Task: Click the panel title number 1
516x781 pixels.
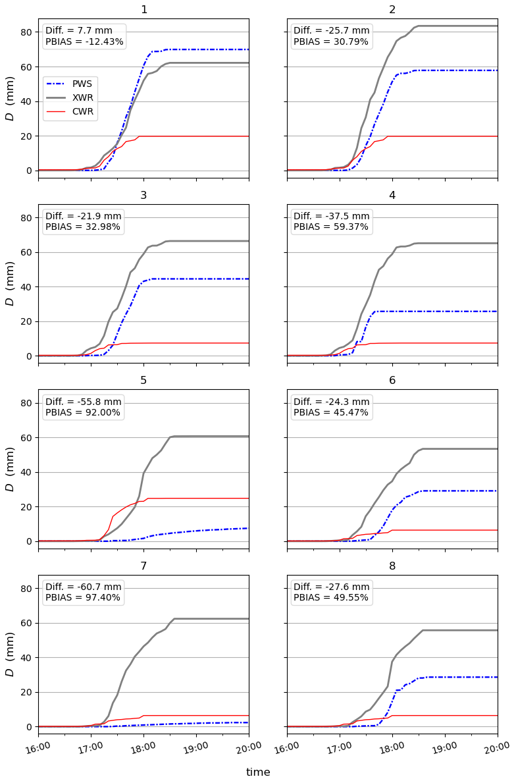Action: [x=143, y=10]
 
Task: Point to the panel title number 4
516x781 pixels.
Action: [x=392, y=196]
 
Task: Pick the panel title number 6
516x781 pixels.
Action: [x=392, y=381]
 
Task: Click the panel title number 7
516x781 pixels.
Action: [x=143, y=567]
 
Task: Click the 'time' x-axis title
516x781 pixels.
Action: [x=258, y=772]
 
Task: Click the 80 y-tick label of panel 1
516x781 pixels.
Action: [x=26, y=32]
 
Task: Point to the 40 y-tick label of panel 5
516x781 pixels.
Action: [x=26, y=472]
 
